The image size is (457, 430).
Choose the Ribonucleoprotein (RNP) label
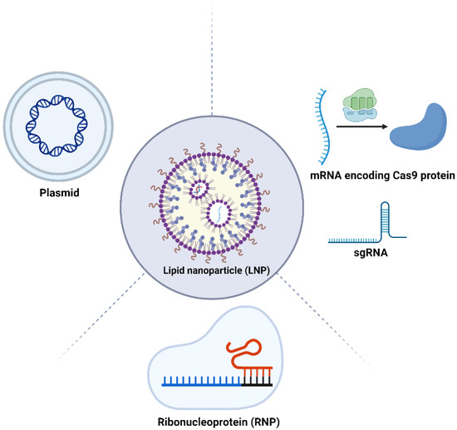[x=222, y=421]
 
